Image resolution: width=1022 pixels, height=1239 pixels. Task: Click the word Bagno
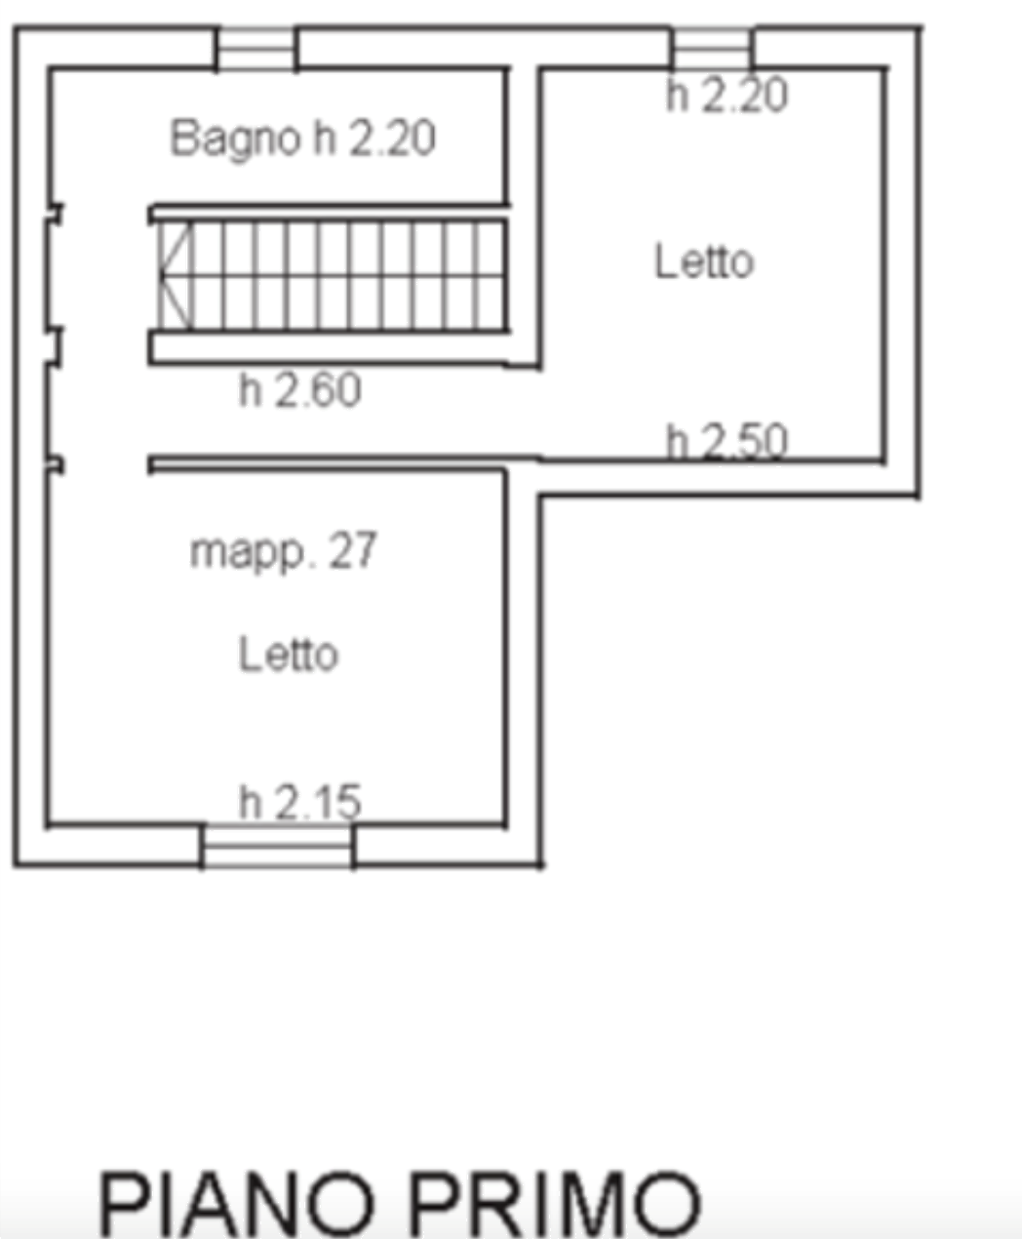(x=235, y=140)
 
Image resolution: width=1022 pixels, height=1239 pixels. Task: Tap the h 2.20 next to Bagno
(x=374, y=138)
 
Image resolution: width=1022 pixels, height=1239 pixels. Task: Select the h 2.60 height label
(x=300, y=390)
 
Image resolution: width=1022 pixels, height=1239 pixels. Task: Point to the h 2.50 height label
(x=727, y=441)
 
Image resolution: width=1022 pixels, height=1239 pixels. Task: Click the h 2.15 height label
(x=300, y=802)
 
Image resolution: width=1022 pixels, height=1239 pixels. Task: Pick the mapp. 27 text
(x=284, y=552)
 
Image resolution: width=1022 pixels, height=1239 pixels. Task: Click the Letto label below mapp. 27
(x=289, y=654)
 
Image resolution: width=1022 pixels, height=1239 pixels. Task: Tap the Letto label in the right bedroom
(x=704, y=260)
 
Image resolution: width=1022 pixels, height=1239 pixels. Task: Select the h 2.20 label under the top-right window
(x=727, y=95)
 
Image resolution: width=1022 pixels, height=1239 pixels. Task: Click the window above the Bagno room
(x=256, y=49)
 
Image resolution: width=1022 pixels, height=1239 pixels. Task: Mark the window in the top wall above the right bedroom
(x=712, y=49)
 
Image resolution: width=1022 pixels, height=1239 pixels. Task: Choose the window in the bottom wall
(x=277, y=846)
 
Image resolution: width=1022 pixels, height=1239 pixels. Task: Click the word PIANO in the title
(x=237, y=1202)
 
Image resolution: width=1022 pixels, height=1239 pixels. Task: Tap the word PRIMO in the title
(x=556, y=1202)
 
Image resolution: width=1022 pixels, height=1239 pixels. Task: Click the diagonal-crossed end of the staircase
(x=175, y=275)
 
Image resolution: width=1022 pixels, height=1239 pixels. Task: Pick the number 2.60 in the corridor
(x=318, y=390)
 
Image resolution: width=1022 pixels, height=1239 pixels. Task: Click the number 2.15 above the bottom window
(x=318, y=802)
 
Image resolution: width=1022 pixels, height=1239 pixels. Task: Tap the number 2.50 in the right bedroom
(x=745, y=442)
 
